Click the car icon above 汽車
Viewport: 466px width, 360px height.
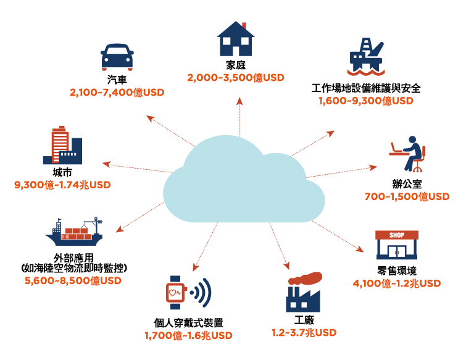[x=117, y=57]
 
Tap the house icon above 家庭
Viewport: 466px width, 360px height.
[x=236, y=39]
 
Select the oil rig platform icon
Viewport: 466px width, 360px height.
[x=366, y=56]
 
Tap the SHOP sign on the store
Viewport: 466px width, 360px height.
[x=397, y=235]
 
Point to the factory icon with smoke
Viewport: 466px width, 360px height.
[x=304, y=291]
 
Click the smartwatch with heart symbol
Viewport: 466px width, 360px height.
[x=176, y=293]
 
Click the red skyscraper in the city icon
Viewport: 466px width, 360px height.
[x=60, y=144]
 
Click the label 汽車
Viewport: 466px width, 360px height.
[x=117, y=80]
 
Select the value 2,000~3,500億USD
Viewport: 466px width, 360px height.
[x=236, y=78]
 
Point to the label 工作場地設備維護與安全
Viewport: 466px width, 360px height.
[x=366, y=88]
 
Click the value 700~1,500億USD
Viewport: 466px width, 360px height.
[x=407, y=196]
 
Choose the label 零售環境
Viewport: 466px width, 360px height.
[x=397, y=271]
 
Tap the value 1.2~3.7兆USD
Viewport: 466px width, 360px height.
[x=304, y=333]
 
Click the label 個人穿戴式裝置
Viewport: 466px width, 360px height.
[x=188, y=323]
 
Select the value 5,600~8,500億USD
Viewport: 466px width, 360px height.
[x=73, y=280]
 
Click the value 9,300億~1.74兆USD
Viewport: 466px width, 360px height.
[x=62, y=185]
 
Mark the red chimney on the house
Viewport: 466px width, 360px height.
[x=244, y=25]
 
